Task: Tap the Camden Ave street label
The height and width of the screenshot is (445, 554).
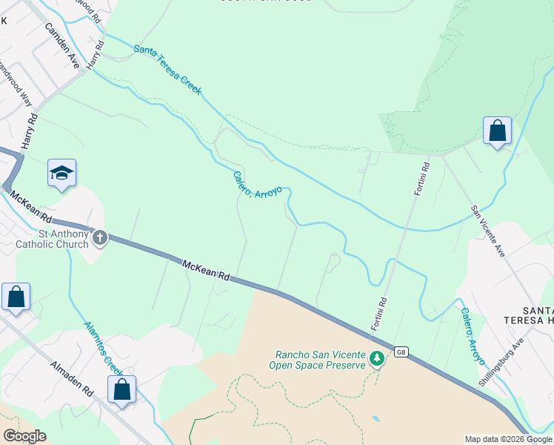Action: coord(61,46)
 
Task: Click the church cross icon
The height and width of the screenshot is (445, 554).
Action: coord(100,238)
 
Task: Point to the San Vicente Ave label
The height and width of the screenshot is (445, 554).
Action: coord(489,231)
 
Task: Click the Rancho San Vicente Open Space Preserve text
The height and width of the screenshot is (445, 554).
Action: coord(320,360)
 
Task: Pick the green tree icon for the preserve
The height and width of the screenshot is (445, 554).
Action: coord(378,360)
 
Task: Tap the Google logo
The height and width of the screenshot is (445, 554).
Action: coord(24,436)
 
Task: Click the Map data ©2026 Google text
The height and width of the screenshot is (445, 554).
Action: coord(508,439)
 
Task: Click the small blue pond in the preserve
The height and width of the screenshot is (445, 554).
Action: coord(376,419)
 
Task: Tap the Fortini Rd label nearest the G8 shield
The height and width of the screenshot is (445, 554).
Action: coord(379,314)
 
